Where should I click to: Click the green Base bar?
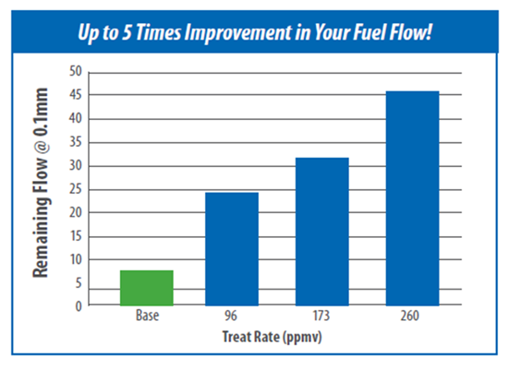(x=147, y=288)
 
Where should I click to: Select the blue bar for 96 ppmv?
(x=232, y=249)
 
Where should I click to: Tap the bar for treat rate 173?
(x=322, y=232)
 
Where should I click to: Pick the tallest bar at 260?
(x=413, y=198)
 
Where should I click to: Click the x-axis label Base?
(x=148, y=315)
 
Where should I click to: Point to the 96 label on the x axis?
(x=231, y=315)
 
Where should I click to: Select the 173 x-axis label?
(x=321, y=315)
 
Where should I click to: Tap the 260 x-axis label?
(x=410, y=315)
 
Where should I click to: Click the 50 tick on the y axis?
(x=76, y=71)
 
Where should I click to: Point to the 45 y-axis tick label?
(x=76, y=95)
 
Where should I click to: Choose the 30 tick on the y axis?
(x=76, y=166)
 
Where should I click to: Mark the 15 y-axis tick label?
(x=76, y=236)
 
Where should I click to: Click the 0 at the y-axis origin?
(x=79, y=306)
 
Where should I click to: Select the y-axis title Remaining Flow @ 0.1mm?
(x=41, y=183)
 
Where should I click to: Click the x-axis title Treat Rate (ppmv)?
(x=272, y=337)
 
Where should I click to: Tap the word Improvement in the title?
(x=238, y=32)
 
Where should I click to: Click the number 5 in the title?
(x=127, y=32)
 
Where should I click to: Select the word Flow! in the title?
(x=411, y=32)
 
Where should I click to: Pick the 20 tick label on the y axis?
(x=76, y=213)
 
